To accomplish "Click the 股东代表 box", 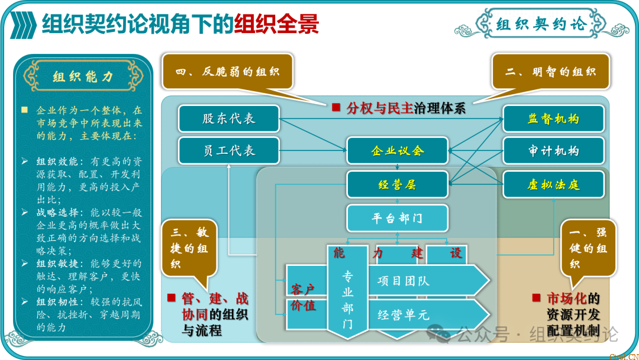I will [x=228, y=118].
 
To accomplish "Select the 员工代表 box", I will [x=228, y=150].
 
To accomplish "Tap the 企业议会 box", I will [x=398, y=150].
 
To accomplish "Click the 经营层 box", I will [x=398, y=185].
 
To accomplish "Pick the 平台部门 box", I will [x=398, y=218].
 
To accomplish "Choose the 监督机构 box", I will [x=553, y=118].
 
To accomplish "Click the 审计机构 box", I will [x=553, y=150].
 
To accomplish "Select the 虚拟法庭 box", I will [x=553, y=185].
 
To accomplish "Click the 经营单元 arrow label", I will [x=404, y=314].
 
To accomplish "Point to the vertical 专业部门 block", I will [x=347, y=300].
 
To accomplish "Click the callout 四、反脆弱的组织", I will [x=228, y=72].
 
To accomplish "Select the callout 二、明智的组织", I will [x=550, y=72].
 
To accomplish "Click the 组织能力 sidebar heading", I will [x=83, y=76].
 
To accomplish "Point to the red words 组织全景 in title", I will [x=276, y=24].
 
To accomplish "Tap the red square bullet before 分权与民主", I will [x=335, y=107].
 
